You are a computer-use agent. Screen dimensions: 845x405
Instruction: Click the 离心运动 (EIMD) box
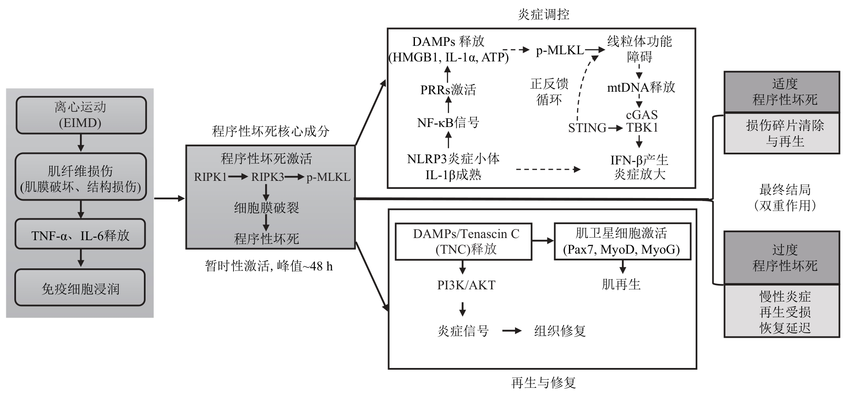coord(81,115)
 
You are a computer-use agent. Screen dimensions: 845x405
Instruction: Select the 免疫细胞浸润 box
coord(80,288)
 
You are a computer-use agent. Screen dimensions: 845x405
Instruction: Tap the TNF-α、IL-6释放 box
coord(80,234)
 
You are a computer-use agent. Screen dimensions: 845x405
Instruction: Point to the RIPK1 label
coord(210,177)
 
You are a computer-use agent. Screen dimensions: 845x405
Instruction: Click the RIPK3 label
coord(268,177)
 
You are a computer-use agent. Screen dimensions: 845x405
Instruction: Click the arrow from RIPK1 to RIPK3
coord(238,177)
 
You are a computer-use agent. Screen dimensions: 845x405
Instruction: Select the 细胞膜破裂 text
coord(266,207)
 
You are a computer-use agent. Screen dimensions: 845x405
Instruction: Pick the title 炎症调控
coord(543,14)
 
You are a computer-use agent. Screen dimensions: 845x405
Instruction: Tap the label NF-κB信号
coord(448,122)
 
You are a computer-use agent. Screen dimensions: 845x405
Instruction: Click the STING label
coord(587,128)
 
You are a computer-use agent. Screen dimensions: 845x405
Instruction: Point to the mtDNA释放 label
coord(641,87)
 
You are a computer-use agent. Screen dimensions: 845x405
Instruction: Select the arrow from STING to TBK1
coord(615,128)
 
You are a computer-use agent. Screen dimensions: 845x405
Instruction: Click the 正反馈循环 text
coord(549,92)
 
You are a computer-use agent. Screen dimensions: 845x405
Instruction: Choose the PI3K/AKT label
coord(466,285)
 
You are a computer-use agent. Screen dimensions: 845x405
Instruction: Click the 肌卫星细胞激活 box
coord(622,241)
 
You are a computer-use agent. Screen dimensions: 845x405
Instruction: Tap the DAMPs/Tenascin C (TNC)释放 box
coord(463,241)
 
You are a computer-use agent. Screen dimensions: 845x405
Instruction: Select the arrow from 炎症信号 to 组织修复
coord(512,331)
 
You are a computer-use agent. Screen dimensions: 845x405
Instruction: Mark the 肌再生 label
coord(621,284)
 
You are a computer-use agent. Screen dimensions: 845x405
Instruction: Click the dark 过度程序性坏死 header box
coord(782,257)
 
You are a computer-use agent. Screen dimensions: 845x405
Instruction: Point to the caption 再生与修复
coord(543,383)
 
